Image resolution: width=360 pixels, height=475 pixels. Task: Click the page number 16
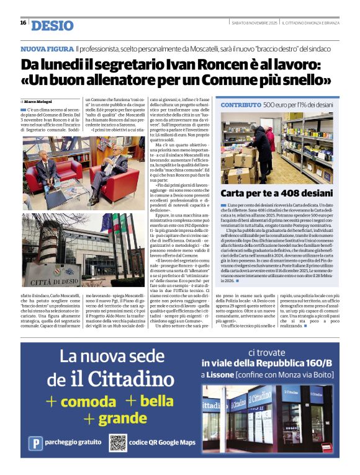(x=23, y=22)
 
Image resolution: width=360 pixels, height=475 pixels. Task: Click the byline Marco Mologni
(x=39, y=101)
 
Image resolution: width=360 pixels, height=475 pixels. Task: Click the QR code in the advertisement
(x=118, y=443)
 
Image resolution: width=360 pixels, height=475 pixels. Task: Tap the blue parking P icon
(x=37, y=443)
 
